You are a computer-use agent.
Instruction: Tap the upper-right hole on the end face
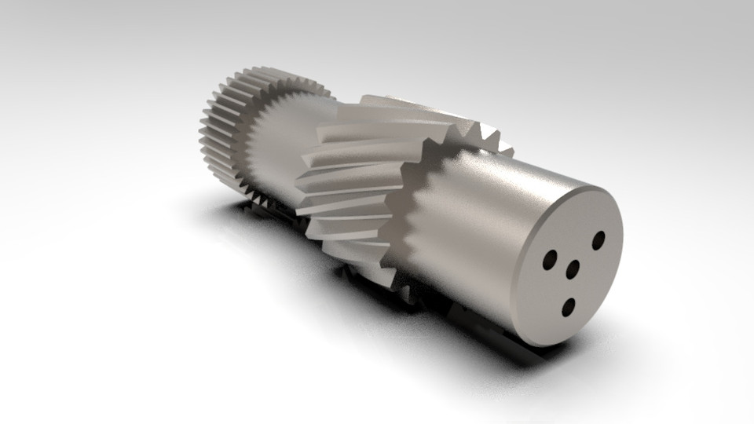click(x=598, y=239)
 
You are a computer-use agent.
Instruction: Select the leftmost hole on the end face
click(x=550, y=258)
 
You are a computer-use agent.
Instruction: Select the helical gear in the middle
click(x=353, y=181)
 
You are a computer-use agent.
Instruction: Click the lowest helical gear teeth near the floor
click(x=361, y=267)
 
